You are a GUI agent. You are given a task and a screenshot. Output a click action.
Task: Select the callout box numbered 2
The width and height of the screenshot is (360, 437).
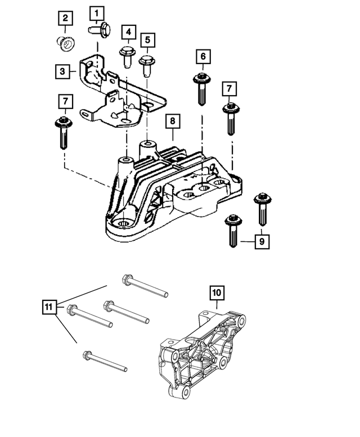tap(65, 19)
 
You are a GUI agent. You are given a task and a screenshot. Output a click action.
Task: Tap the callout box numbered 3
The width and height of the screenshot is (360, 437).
tap(64, 71)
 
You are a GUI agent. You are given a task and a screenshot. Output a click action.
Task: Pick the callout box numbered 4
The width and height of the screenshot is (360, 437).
tap(128, 32)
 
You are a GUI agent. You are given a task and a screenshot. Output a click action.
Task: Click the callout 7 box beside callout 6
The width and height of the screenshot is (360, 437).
tap(229, 88)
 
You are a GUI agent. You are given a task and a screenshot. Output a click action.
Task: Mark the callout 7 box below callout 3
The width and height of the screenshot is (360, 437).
tap(65, 102)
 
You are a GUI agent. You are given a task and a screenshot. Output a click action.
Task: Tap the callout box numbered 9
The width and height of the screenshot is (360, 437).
tap(262, 242)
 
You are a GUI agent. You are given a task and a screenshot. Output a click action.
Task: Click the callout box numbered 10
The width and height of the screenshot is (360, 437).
tap(217, 292)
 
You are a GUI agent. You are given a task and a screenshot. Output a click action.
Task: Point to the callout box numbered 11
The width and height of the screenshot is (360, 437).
tap(49, 307)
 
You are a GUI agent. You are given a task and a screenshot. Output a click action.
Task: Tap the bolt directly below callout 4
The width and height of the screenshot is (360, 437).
tap(126, 56)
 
